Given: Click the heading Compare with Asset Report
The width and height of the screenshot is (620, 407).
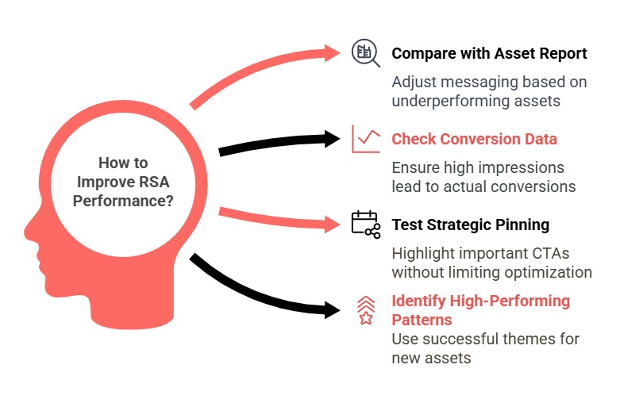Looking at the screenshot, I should (489, 54).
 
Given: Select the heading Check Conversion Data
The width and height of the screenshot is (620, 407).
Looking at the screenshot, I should (474, 140).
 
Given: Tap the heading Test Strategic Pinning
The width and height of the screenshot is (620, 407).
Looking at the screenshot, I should (470, 225).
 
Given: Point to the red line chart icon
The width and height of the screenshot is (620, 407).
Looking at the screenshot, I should (366, 140).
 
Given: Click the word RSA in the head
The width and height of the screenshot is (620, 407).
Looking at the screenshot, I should (153, 182).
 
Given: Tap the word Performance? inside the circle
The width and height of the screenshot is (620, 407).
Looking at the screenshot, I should (123, 201).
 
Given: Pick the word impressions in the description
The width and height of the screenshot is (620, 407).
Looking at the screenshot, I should (521, 167).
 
